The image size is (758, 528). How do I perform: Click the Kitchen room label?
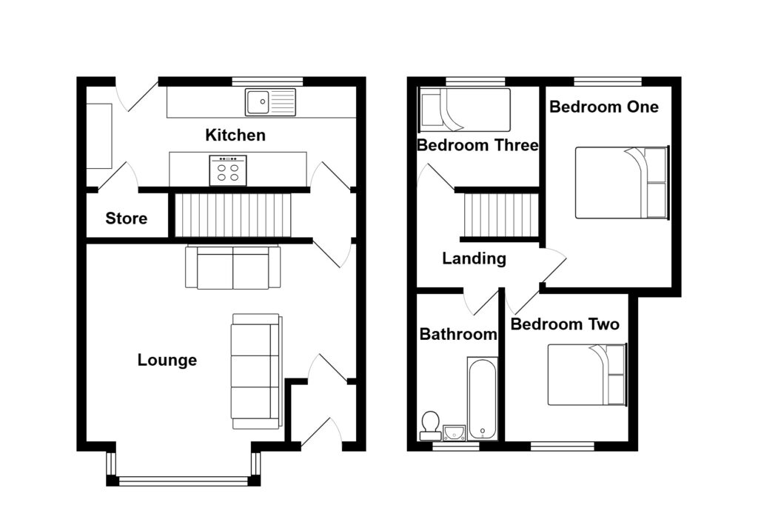point(235,136)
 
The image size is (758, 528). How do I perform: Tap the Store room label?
point(126,218)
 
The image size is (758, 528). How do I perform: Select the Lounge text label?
point(167,361)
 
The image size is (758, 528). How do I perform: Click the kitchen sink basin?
point(258,102)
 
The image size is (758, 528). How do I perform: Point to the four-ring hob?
point(228,170)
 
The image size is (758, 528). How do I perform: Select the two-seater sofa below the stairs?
point(232,267)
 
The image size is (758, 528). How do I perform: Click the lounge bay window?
point(183,480)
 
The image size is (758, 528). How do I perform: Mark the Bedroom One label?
point(603,107)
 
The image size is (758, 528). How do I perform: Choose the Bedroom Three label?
point(477,145)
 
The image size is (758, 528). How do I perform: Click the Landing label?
point(474,259)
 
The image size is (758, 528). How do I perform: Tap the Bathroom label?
point(457,334)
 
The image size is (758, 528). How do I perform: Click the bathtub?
point(482,398)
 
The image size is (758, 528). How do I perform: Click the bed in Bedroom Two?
point(586,375)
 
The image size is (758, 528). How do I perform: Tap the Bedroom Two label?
point(565,324)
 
